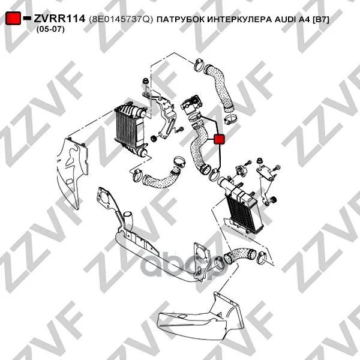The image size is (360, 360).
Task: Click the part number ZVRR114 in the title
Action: (59, 19)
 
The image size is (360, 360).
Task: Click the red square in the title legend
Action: (13, 18)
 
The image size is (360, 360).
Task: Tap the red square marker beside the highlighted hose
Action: (219, 139)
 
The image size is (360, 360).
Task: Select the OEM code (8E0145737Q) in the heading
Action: (121, 19)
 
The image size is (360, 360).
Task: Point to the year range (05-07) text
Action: (50, 29)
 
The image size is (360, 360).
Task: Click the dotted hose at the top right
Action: (220, 87)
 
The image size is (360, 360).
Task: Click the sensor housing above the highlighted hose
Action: (192, 104)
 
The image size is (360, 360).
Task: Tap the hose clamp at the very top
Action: (199, 65)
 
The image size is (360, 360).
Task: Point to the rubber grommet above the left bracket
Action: (145, 82)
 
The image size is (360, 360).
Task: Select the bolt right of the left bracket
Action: (179, 129)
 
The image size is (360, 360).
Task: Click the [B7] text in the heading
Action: (321, 20)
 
